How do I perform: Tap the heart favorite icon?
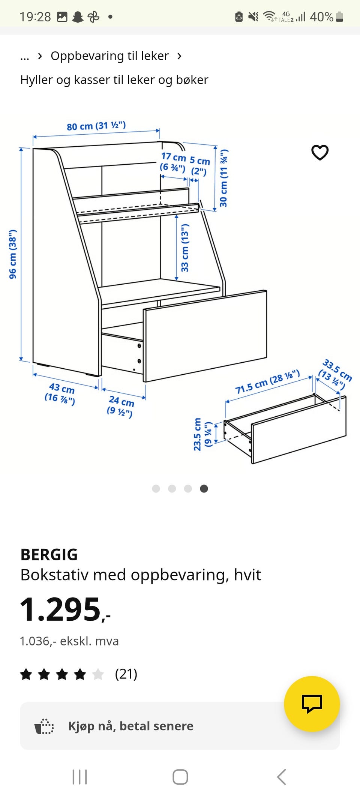click(320, 152)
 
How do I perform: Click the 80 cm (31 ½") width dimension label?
click(96, 126)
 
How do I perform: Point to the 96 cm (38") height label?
click(13, 254)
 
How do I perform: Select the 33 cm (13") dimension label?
click(185, 248)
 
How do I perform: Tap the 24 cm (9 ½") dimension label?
click(120, 406)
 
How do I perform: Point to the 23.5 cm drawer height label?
click(203, 434)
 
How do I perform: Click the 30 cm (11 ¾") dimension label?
click(223, 178)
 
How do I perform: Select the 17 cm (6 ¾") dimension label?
click(173, 162)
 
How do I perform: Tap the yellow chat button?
click(312, 704)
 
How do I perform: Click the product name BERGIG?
click(49, 555)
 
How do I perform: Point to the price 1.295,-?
click(65, 609)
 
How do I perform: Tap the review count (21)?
click(126, 674)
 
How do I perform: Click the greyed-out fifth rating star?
click(98, 674)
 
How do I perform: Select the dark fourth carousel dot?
click(204, 488)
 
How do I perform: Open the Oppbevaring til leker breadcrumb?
click(109, 56)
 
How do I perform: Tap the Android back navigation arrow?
click(282, 777)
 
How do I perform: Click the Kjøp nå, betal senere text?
click(131, 726)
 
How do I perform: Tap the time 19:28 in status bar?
click(35, 17)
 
